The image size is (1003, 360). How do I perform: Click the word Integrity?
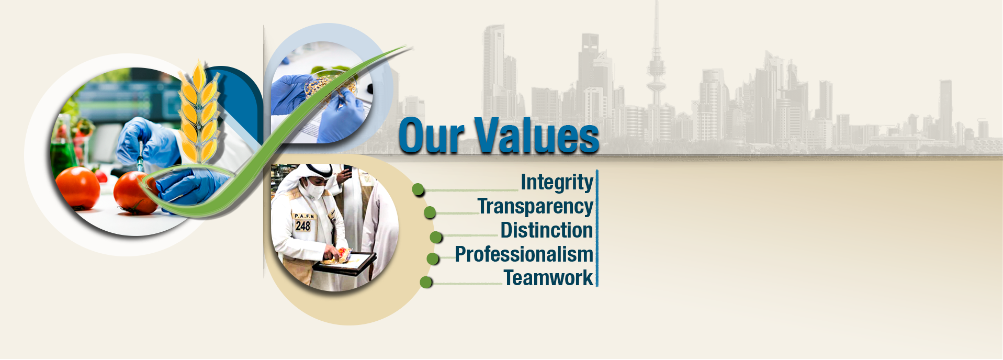point(557,183)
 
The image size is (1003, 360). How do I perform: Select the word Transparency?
point(535,207)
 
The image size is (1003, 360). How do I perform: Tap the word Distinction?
point(547,230)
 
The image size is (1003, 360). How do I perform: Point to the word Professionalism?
point(524,254)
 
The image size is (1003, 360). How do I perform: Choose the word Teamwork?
point(548,278)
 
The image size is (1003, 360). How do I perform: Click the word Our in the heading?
point(432,137)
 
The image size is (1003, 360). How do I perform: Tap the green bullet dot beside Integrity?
point(418,189)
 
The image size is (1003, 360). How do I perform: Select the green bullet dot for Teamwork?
point(426,282)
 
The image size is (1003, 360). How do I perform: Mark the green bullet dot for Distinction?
point(436,237)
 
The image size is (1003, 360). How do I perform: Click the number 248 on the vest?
point(303,226)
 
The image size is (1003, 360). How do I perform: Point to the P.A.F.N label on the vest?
point(305,216)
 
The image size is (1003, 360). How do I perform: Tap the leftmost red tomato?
point(77,188)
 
